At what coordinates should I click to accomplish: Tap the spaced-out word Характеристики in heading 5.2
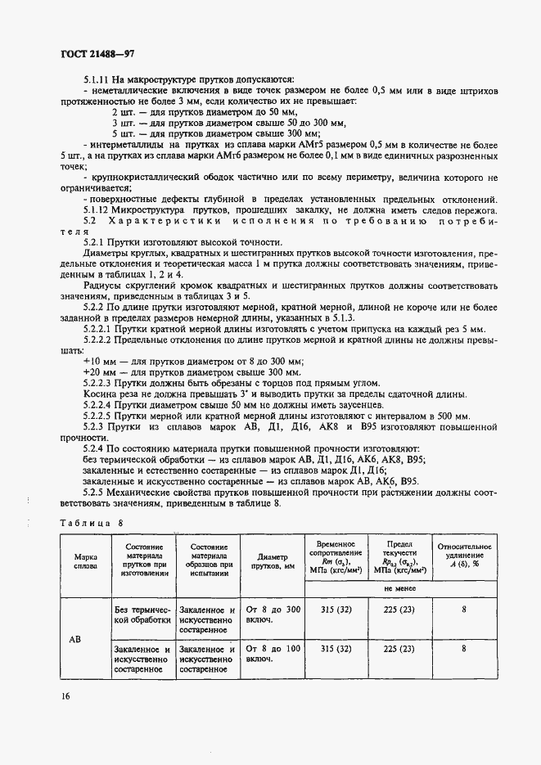[x=171, y=221]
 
